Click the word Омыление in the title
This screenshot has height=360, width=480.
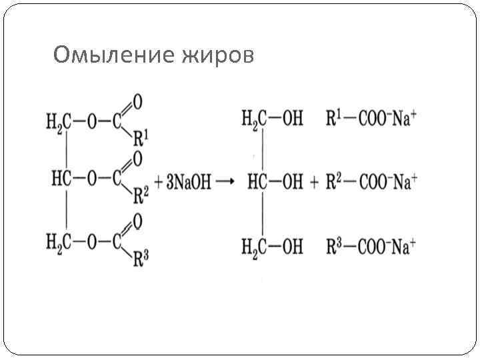(113, 56)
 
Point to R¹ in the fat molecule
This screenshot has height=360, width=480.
(141, 139)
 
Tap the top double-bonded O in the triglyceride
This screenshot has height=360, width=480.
(137, 102)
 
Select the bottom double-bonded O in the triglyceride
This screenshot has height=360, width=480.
(137, 219)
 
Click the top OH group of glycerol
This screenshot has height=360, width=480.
(292, 120)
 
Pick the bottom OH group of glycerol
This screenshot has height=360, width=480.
(292, 247)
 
